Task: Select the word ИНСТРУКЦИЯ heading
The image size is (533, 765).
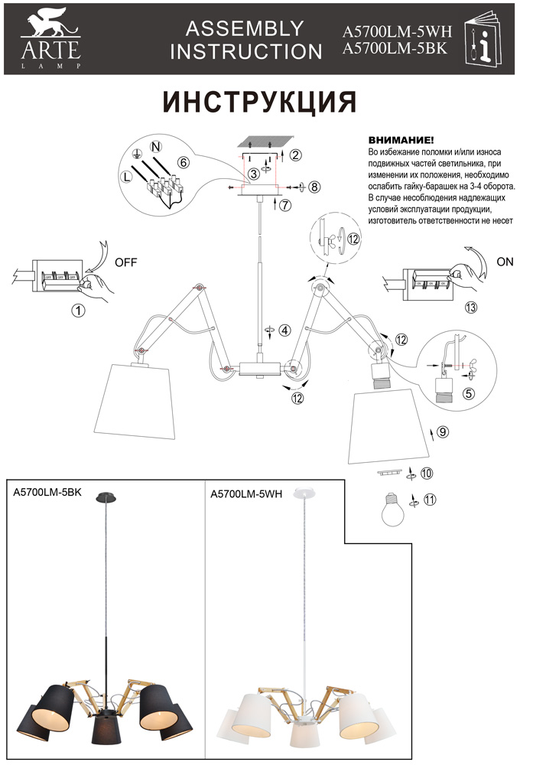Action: coord(260,102)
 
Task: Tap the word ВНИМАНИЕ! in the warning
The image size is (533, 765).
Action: coord(401,142)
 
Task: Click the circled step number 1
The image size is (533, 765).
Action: coord(76,310)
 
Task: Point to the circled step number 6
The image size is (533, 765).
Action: coord(184,162)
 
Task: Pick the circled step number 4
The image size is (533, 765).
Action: coord(284,330)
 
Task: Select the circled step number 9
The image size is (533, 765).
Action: coord(443,431)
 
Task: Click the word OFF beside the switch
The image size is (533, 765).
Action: coord(125,262)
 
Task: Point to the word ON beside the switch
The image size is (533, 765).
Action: coord(505,261)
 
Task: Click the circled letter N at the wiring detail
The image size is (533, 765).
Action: coord(155,146)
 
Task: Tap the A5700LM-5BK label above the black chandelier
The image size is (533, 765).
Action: coord(47,493)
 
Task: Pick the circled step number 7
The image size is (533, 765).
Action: coord(284,205)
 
